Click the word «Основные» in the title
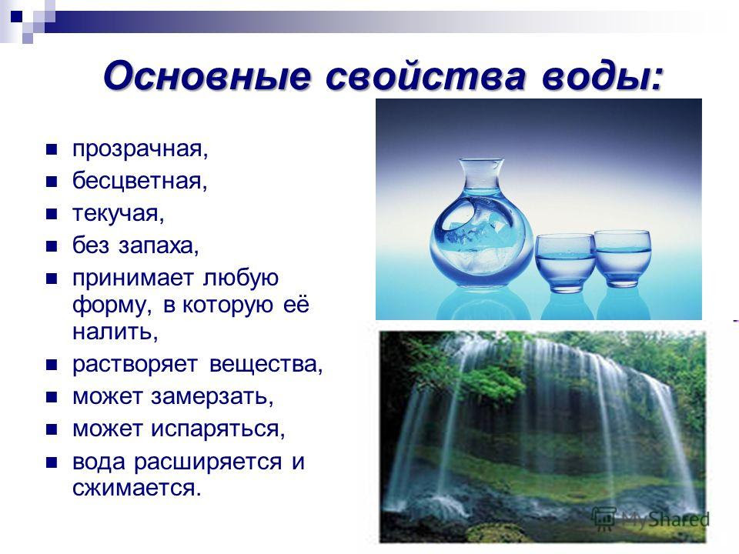[x=207, y=75]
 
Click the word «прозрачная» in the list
[x=138, y=150]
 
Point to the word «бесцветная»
[x=137, y=182]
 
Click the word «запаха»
[x=156, y=246]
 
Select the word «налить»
[x=112, y=332]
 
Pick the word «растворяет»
[x=135, y=365]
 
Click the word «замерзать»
[x=209, y=397]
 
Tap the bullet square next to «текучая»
[x=52, y=215]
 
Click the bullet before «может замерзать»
[x=52, y=397]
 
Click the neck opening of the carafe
[x=481, y=164]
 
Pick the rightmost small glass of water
[x=622, y=259]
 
